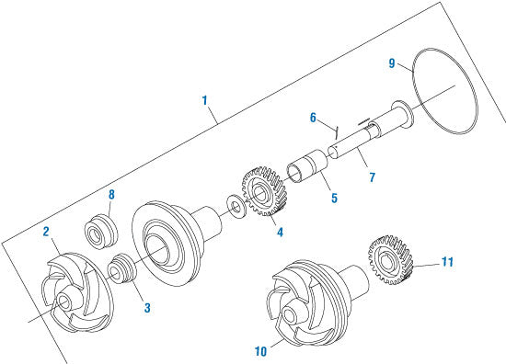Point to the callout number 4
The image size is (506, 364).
click(280, 232)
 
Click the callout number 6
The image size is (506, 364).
click(314, 118)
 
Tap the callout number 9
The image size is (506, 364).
click(392, 63)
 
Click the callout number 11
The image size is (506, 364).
click(448, 262)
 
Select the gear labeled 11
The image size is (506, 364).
click(391, 260)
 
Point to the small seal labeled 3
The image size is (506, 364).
click(120, 273)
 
